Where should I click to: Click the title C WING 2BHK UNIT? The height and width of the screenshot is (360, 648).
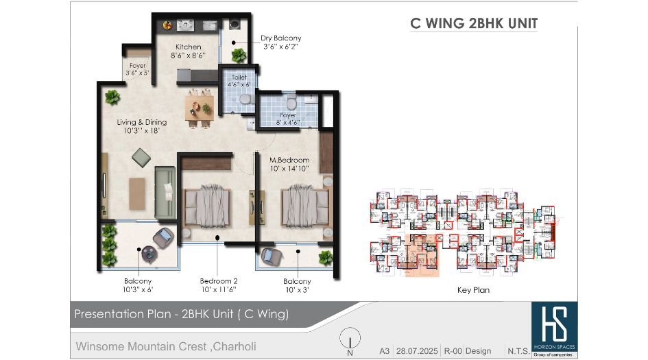click(473, 23)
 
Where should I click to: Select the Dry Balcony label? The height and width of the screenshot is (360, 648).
click(280, 43)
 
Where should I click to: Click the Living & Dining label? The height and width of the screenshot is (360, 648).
click(141, 126)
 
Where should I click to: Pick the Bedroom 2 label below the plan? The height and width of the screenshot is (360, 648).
click(219, 285)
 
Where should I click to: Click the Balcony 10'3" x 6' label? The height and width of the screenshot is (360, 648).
click(138, 285)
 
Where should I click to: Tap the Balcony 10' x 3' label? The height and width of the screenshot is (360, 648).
click(297, 285)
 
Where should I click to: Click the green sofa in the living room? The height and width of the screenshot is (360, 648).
click(165, 192)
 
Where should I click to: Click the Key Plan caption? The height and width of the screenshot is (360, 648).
click(473, 290)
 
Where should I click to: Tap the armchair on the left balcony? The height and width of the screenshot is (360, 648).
click(163, 238)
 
